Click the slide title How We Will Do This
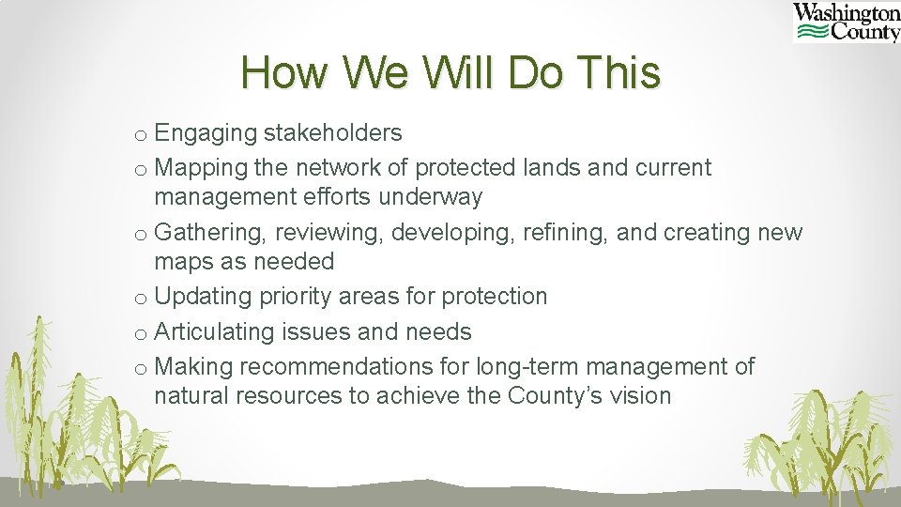point(450,72)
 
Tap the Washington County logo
point(846,23)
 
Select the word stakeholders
point(335,133)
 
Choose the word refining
point(573,232)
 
